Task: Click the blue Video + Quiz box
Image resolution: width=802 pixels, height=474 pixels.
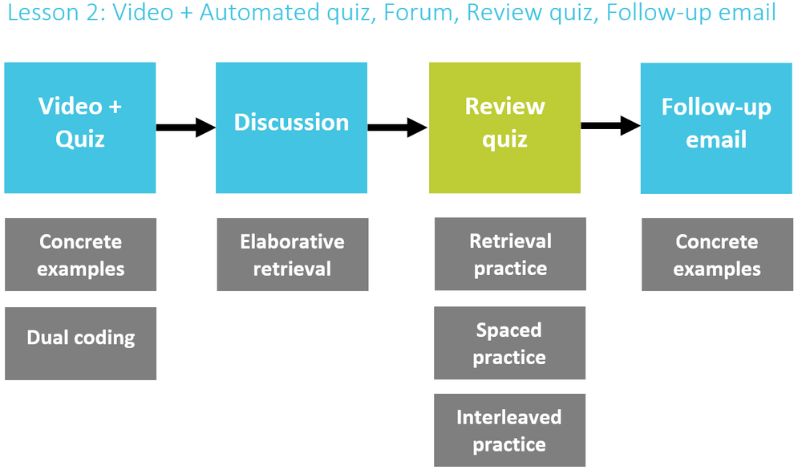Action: [79, 128]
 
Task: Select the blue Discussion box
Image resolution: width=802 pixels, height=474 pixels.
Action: [292, 128]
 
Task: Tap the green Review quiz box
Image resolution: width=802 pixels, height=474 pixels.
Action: [504, 128]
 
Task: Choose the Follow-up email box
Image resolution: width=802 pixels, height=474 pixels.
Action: [716, 128]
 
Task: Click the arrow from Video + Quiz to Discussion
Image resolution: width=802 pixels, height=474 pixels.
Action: [186, 128]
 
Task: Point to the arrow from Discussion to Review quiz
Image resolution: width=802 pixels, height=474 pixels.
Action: [398, 128]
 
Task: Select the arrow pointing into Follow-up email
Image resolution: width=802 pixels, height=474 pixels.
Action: [610, 125]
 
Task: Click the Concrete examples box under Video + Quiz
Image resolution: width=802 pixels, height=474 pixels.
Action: [81, 254]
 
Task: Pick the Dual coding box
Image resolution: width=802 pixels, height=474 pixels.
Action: [81, 343]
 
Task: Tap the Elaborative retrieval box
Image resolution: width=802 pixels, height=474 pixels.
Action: [293, 254]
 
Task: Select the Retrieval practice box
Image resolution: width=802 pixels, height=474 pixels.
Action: [510, 254]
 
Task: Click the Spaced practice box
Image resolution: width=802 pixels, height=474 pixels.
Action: [510, 343]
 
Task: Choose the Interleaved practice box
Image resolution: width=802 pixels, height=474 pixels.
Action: [510, 430]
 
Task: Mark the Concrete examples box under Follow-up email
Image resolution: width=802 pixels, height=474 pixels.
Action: [718, 254]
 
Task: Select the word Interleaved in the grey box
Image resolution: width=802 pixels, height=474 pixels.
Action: [509, 417]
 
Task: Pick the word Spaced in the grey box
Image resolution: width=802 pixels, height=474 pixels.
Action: [509, 330]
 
